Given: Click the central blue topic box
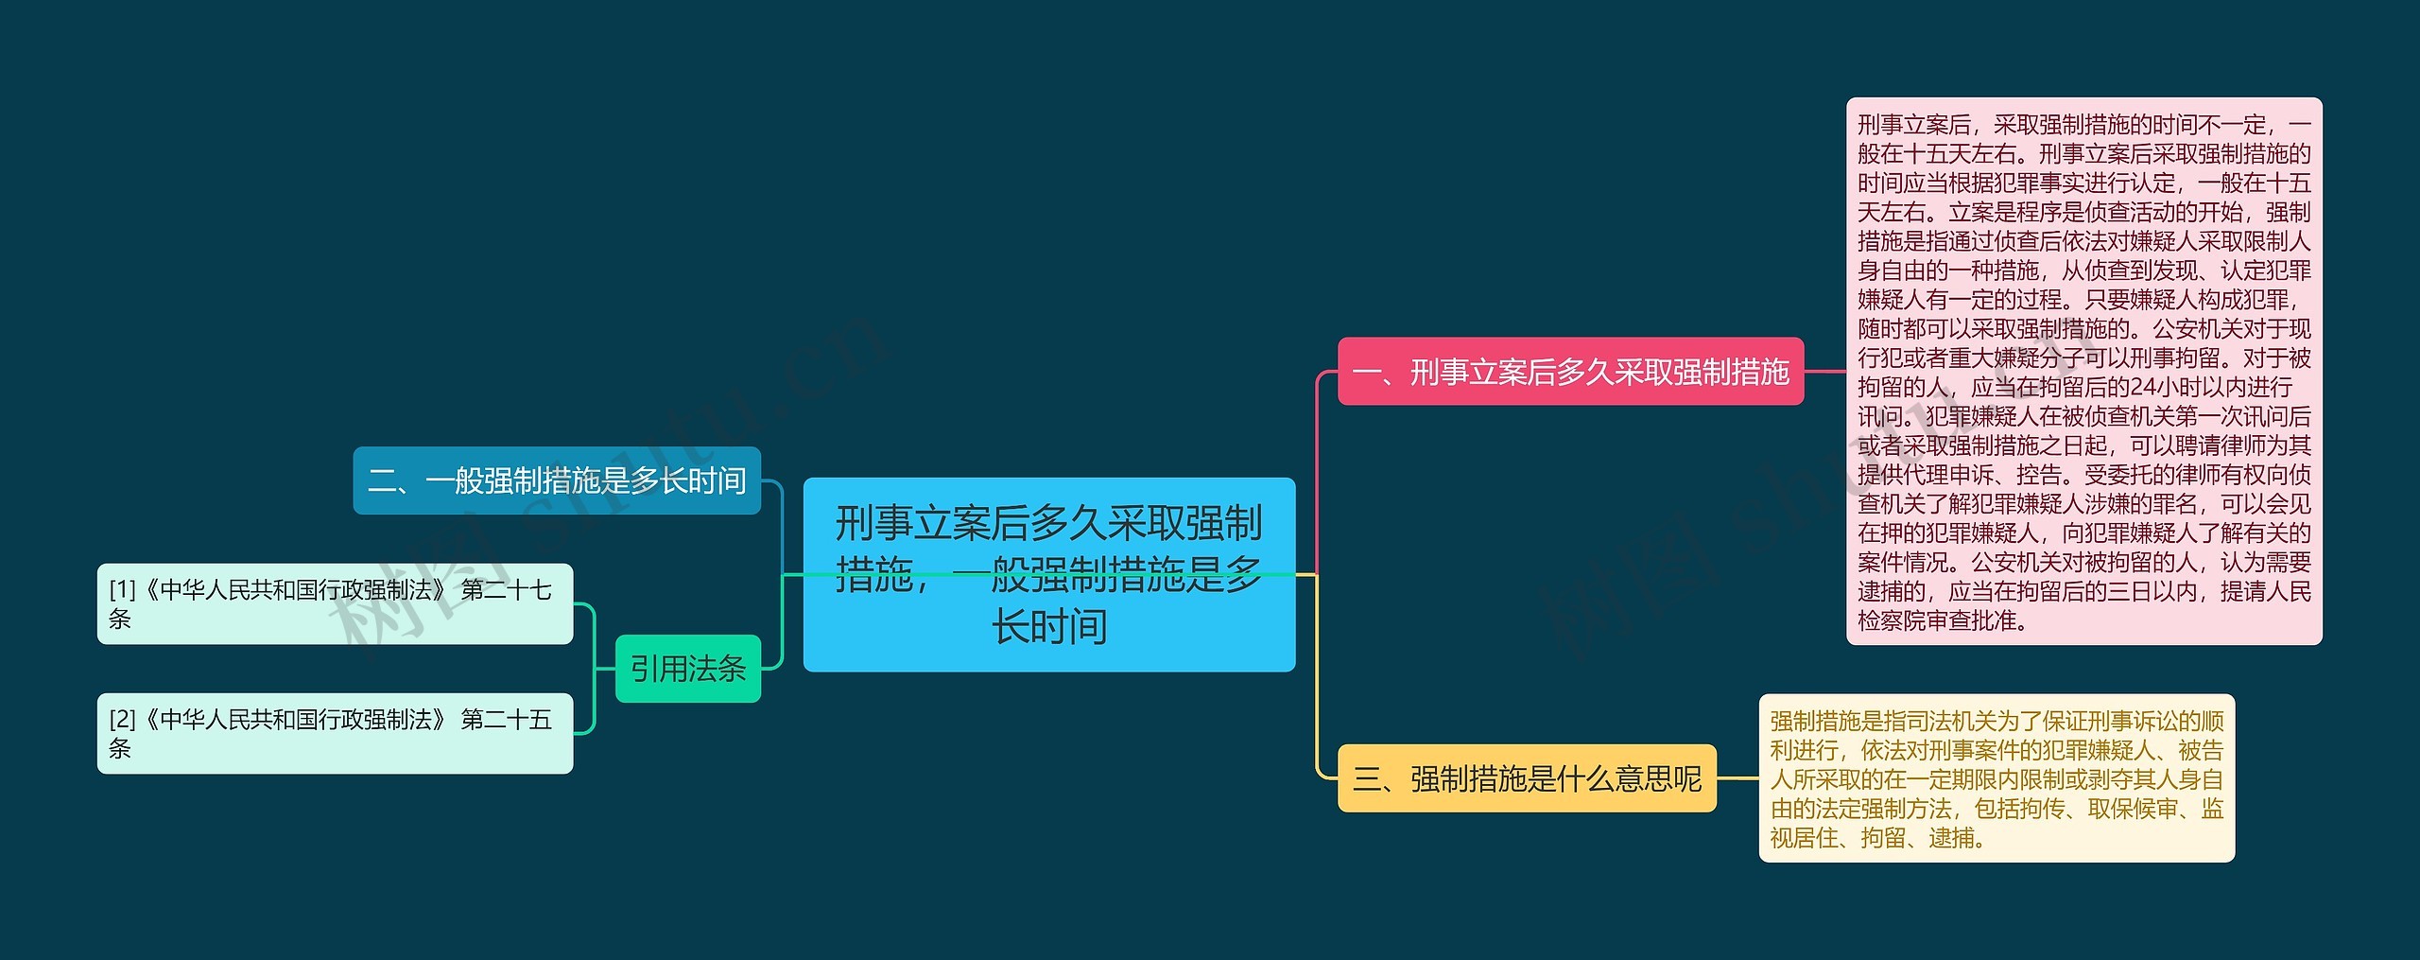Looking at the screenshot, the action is (1048, 574).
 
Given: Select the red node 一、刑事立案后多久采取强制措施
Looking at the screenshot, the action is (1570, 372).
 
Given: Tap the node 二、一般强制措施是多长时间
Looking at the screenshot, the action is (557, 480).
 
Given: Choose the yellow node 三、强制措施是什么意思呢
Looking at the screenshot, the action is (1527, 778).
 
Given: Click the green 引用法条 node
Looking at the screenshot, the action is (688, 669).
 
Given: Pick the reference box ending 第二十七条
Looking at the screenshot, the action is (335, 603).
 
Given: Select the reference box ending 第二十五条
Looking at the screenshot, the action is (335, 733).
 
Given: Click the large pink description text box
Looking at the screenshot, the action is (2083, 372).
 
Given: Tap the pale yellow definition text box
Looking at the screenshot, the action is (1996, 778).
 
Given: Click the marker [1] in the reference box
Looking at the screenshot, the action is (123, 590).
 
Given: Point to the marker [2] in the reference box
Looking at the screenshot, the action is (123, 720).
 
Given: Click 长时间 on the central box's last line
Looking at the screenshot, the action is (1049, 626).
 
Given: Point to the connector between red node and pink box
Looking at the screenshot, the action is (1825, 372).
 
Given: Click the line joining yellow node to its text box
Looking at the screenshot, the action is (1737, 778).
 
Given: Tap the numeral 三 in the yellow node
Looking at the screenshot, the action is (1367, 779).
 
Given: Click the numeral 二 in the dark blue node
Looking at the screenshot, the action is (382, 481).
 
